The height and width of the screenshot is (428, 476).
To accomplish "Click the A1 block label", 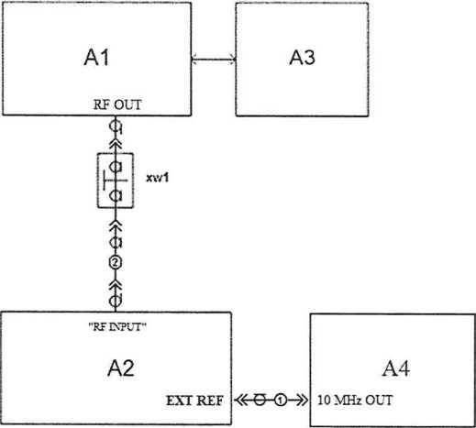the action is pos(96,57).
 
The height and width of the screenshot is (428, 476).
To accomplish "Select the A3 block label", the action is pos(302,57).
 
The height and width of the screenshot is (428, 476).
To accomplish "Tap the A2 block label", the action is pos(121,368).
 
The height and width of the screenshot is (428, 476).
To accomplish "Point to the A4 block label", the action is pos(396,368).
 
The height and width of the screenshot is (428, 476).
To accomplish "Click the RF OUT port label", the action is pos(117,104).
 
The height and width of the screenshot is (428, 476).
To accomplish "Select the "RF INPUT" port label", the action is pos(117,327).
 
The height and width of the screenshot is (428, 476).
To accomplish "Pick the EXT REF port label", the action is pos(194,401).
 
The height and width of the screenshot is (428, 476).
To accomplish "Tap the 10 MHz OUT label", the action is pos(355,401).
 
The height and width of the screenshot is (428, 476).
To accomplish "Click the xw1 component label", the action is pos(158,178).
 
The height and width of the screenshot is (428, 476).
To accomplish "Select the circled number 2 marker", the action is pos(116,262).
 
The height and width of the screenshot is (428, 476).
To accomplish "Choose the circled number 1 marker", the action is pos(281,401).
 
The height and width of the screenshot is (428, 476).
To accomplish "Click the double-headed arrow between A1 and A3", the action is pos(214,59).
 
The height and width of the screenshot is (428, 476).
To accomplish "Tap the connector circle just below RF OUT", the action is pos(116,126).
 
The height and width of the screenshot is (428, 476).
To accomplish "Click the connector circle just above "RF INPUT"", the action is pos(116,301).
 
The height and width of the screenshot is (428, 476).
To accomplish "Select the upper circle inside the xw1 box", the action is pos(116,167).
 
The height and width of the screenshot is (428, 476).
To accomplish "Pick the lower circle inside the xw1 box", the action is pos(116,195).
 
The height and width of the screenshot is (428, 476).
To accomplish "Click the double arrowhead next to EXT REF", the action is pos(241,401).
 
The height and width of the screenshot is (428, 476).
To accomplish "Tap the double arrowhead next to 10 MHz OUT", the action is pos(302,401).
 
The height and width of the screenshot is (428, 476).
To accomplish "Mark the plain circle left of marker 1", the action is pos(260,401).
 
